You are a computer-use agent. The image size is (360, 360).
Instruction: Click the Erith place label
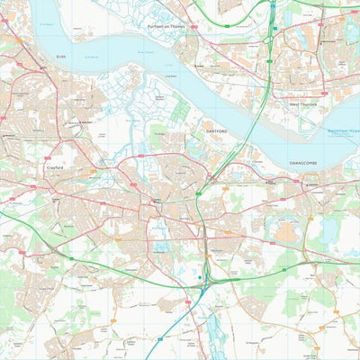60,56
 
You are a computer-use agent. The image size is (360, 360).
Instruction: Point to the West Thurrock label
302,105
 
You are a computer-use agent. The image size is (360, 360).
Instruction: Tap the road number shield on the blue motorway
198,278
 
